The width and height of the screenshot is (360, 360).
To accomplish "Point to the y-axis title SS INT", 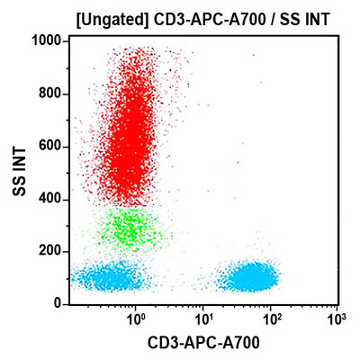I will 17,174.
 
